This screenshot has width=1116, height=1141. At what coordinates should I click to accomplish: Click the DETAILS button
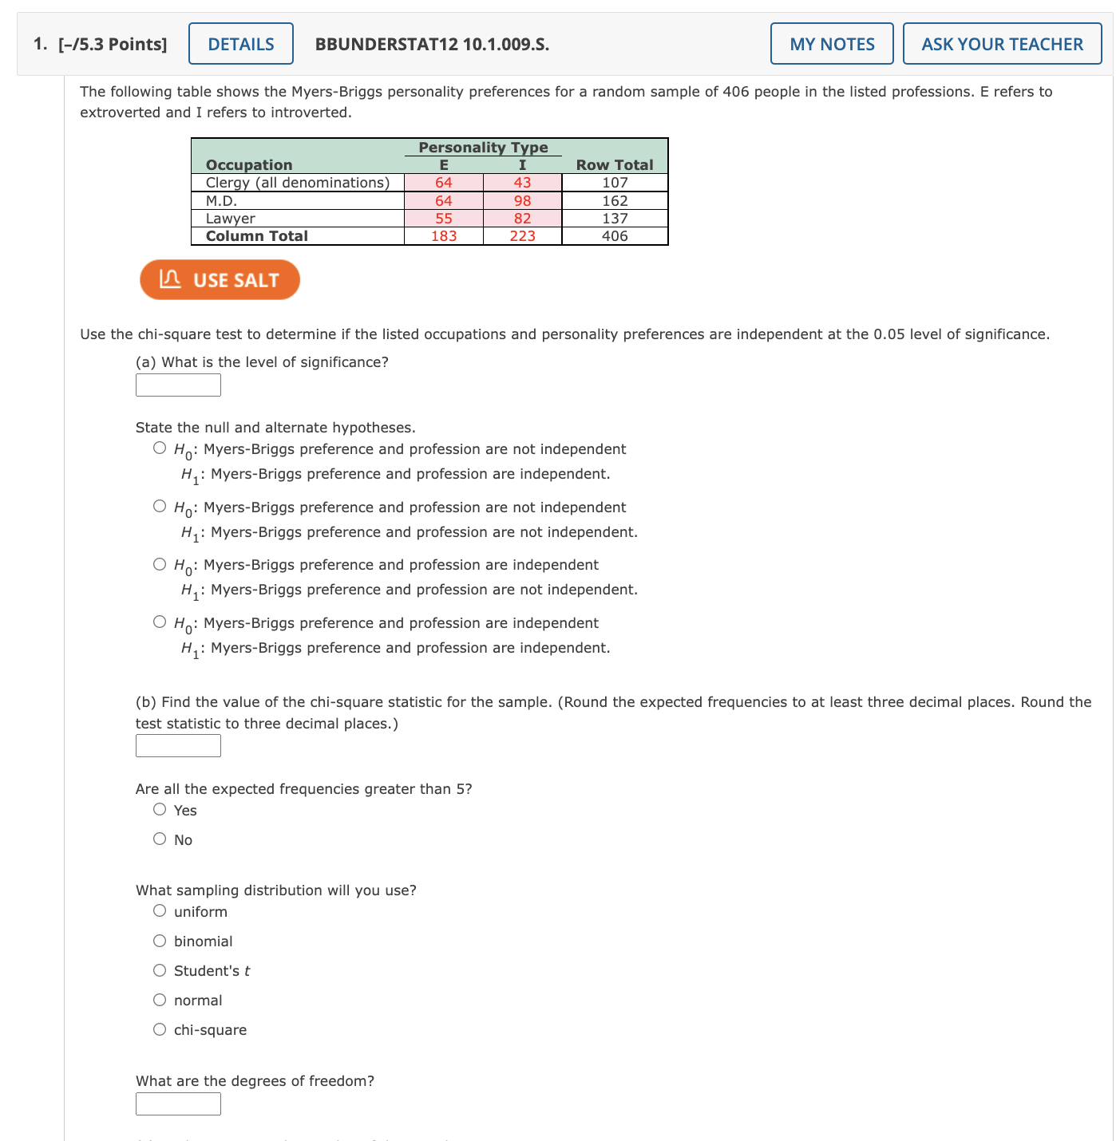pos(240,44)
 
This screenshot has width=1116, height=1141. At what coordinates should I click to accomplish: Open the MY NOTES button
pos(831,44)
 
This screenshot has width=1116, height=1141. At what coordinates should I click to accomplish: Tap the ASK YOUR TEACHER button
pos(1001,44)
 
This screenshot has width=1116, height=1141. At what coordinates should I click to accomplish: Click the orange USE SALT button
pos(220,280)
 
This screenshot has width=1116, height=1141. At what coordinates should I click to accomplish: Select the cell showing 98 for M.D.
pos(522,201)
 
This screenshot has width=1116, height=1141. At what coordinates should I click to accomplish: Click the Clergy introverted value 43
pos(522,183)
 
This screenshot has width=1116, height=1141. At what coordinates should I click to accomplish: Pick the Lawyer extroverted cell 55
pos(444,219)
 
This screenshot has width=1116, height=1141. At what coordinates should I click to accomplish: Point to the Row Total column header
pos(614,164)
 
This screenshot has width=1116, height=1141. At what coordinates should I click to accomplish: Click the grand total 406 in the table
pos(614,236)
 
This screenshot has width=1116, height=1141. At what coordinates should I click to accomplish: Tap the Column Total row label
pos(256,236)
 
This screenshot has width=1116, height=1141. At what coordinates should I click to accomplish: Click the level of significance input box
pos(178,385)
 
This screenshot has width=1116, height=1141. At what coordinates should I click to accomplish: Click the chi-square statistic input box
pos(178,746)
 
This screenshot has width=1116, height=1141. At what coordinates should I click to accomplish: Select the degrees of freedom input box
pos(178,1104)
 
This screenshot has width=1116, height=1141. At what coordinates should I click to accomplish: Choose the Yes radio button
pos(160,810)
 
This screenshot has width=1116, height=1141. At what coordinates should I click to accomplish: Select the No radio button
pos(160,839)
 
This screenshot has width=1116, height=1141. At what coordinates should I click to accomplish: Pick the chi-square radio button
pos(160,1029)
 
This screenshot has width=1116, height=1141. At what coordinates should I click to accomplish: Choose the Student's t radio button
pos(160,970)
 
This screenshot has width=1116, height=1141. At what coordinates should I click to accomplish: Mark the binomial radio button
pos(160,941)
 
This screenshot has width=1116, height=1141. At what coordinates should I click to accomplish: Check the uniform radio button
pos(160,911)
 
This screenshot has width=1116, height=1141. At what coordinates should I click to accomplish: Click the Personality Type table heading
pos(483,148)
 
